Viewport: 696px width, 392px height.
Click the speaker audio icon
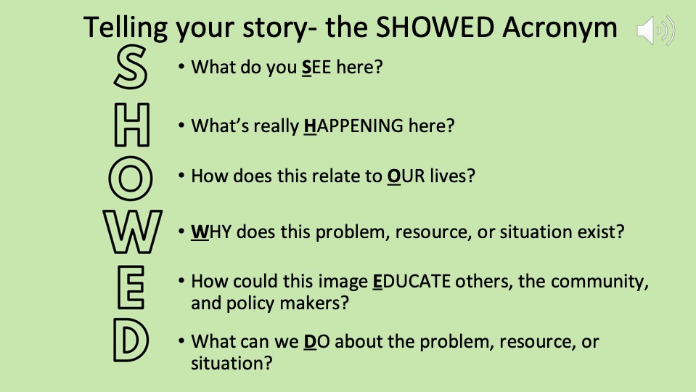655,30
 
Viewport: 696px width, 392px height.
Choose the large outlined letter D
117,340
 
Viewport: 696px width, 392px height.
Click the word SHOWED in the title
435,27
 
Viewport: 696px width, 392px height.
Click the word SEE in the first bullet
316,68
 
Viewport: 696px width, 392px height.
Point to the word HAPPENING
353,126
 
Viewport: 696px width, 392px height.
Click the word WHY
211,232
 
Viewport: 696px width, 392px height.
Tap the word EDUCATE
412,282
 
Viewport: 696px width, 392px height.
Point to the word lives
452,176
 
